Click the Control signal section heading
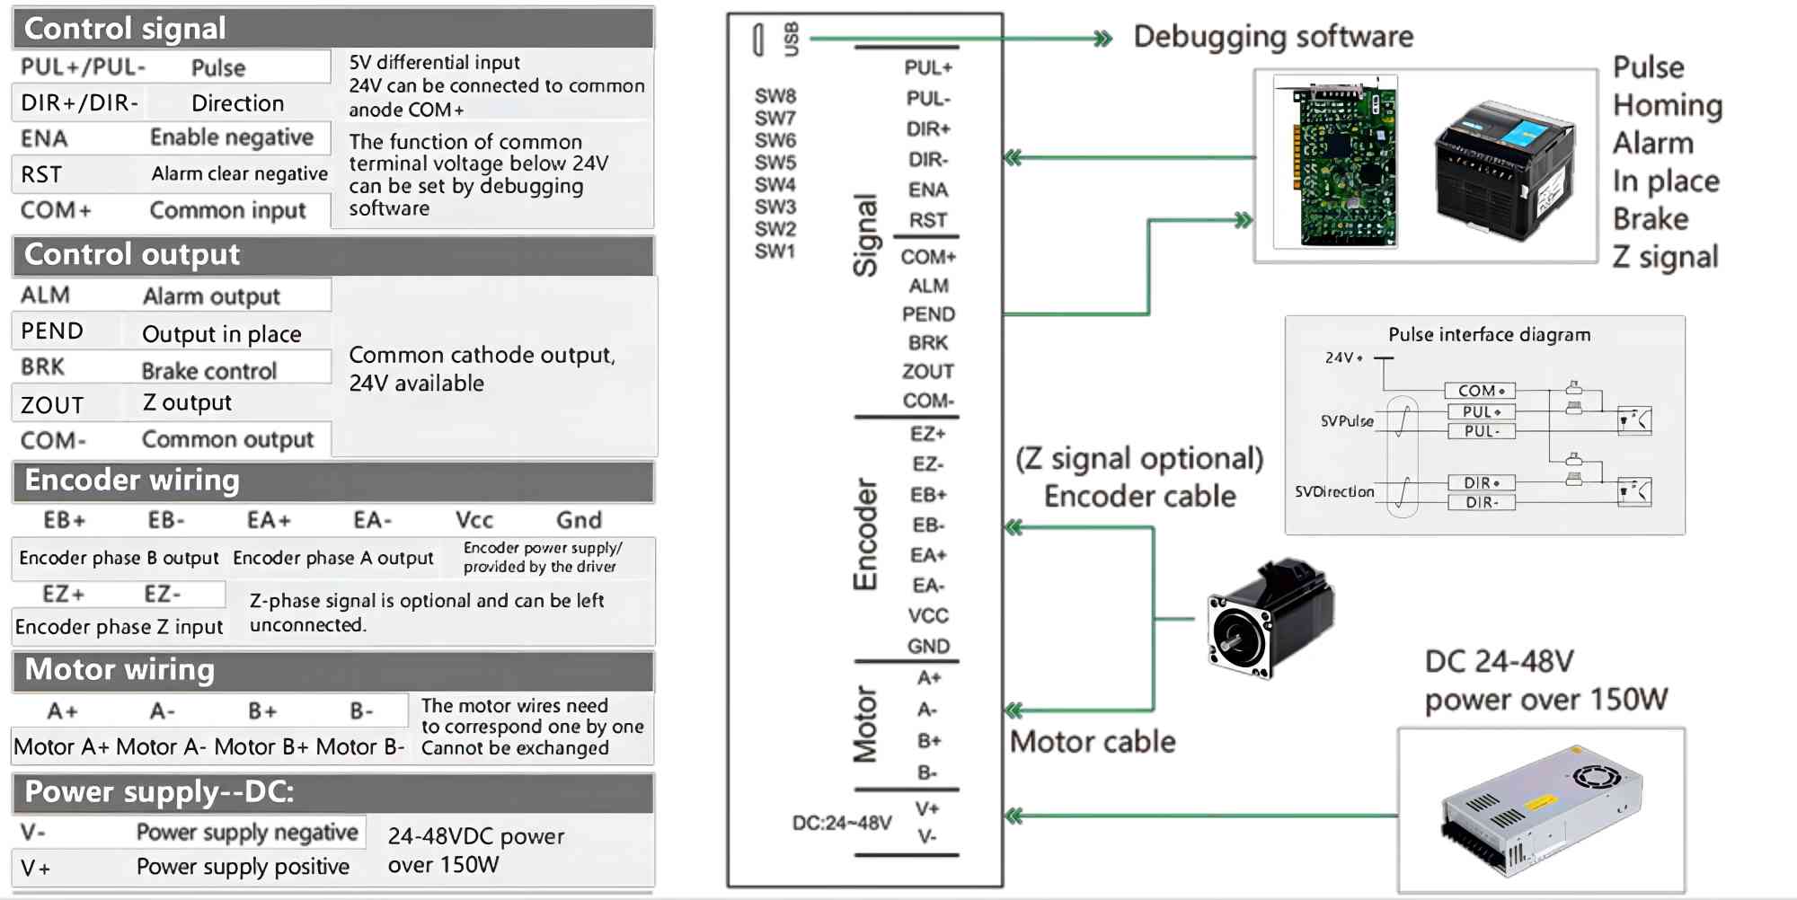point(125,29)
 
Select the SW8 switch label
point(775,96)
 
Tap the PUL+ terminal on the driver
point(928,67)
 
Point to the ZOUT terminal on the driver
point(928,371)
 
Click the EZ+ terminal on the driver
point(927,434)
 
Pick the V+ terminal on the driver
point(927,808)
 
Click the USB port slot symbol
point(758,40)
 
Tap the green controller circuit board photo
point(1335,163)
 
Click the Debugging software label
point(1273,37)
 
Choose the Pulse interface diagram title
point(1489,335)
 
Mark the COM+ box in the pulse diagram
point(1480,391)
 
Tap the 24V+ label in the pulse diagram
point(1343,357)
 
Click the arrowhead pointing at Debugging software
point(1102,39)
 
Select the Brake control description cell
point(208,370)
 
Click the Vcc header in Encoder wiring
point(474,520)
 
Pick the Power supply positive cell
point(243,867)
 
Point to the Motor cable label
point(1093,742)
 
